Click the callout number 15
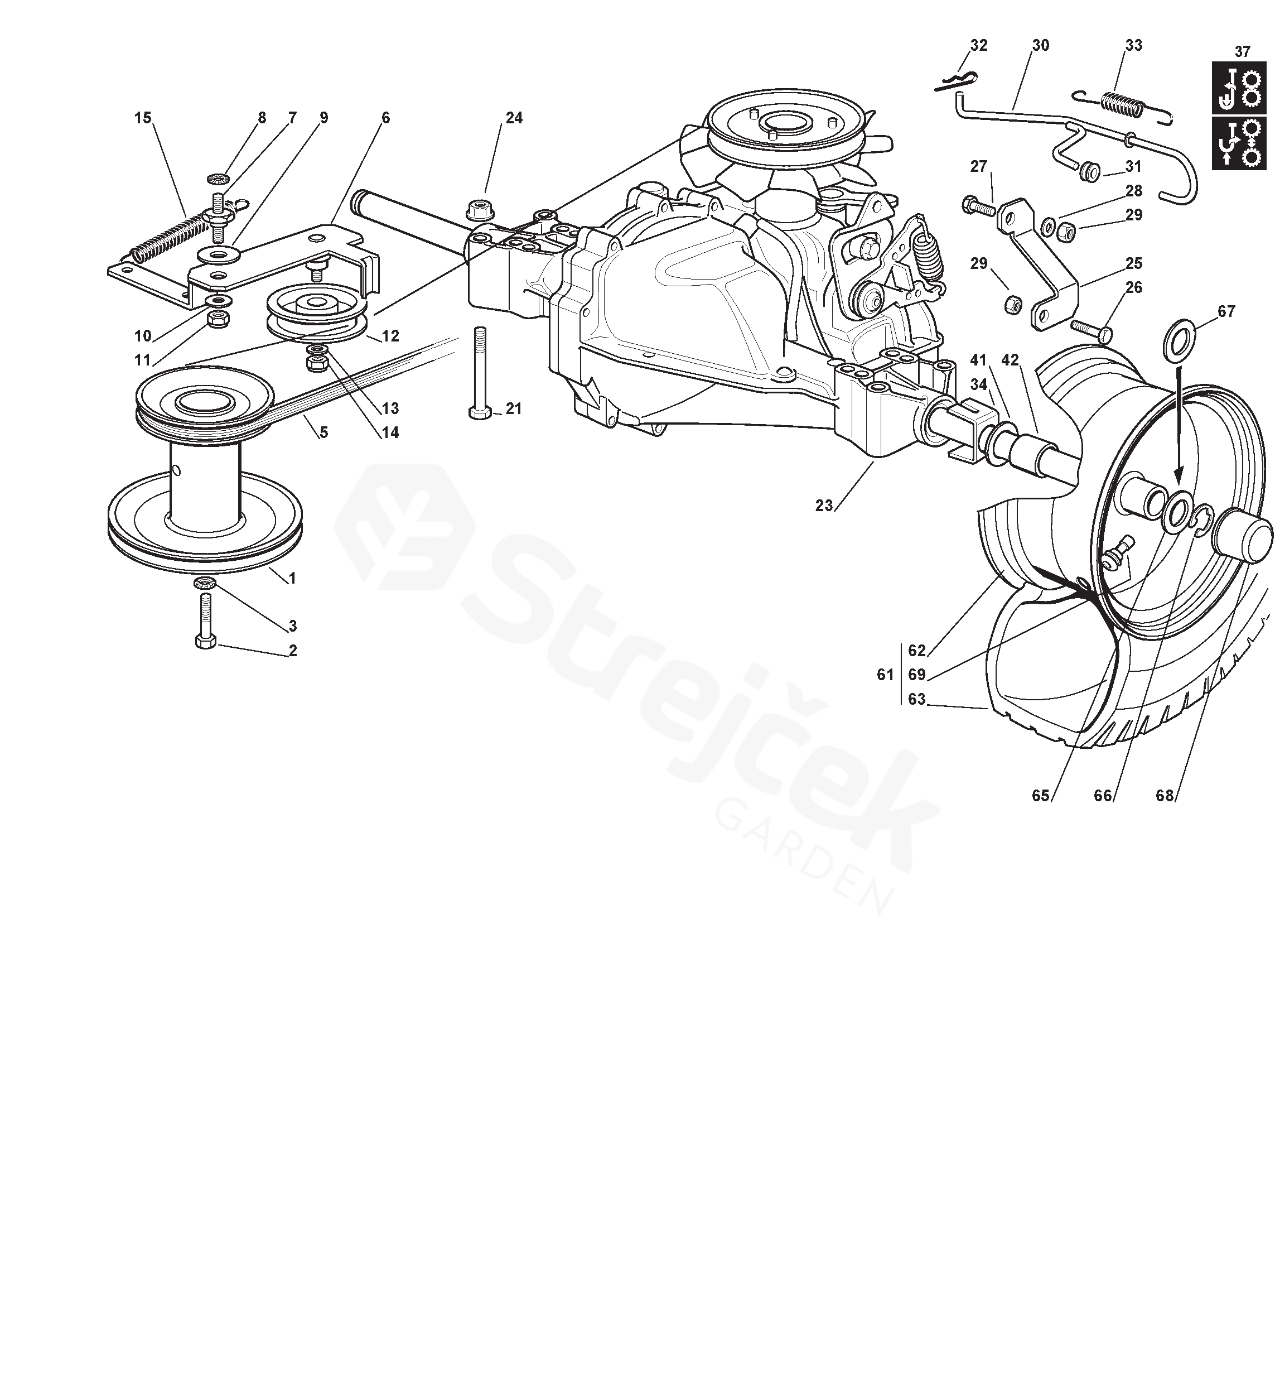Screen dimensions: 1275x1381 click(x=143, y=118)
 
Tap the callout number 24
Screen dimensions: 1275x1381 click(x=514, y=118)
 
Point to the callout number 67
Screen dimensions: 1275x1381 click(x=1226, y=311)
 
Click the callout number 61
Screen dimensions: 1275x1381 click(x=885, y=674)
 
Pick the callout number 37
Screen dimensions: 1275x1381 click(x=1242, y=52)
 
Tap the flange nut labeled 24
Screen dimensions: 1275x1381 click(x=476, y=207)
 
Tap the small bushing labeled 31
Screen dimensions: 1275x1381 click(x=1089, y=171)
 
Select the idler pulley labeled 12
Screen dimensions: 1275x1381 click(x=315, y=315)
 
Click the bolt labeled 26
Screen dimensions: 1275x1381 click(x=1091, y=330)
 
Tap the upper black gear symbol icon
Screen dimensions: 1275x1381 click(x=1240, y=88)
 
